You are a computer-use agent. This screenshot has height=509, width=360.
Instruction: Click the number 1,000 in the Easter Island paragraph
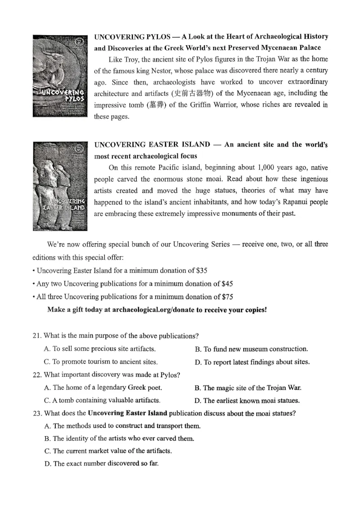coord(270,167)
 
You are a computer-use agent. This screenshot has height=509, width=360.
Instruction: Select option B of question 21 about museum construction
coord(251,349)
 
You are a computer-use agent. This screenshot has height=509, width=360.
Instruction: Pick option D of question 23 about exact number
coord(101,464)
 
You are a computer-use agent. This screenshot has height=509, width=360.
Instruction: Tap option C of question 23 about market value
coord(108,451)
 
